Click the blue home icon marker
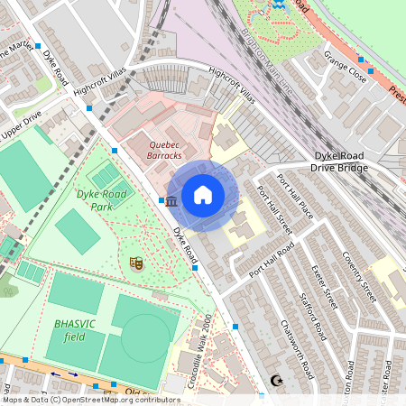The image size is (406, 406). pos(203,195)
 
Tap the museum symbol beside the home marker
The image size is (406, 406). pos(171,199)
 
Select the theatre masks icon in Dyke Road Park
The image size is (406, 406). pos(136,263)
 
